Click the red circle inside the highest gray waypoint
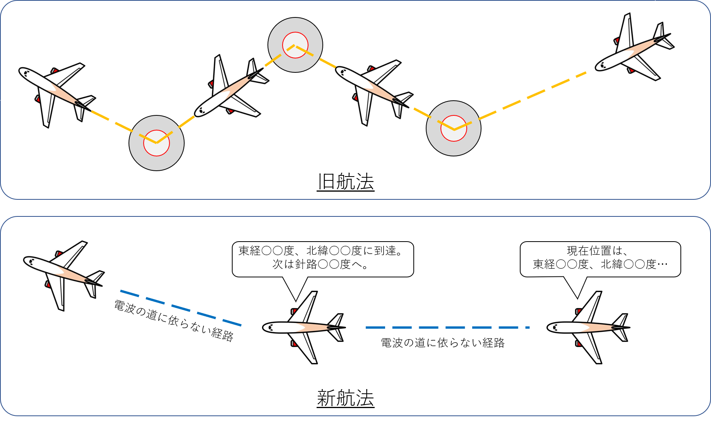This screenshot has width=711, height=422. (295, 45)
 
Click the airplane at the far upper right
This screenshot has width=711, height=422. (633, 51)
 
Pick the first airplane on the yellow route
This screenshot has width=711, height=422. (55, 90)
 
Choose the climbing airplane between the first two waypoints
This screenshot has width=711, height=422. (229, 92)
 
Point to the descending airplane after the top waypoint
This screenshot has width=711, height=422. (372, 88)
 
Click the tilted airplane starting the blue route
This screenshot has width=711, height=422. (63, 273)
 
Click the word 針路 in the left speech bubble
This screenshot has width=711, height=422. (306, 264)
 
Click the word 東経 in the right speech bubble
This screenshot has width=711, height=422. (544, 264)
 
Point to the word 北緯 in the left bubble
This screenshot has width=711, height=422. (317, 251)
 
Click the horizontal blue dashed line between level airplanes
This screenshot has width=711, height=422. (447, 328)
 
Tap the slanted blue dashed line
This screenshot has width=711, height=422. (181, 308)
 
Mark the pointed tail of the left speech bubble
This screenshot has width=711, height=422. (295, 292)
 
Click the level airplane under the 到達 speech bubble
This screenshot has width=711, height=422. (304, 328)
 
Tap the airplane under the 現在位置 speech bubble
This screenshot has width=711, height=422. (588, 328)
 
